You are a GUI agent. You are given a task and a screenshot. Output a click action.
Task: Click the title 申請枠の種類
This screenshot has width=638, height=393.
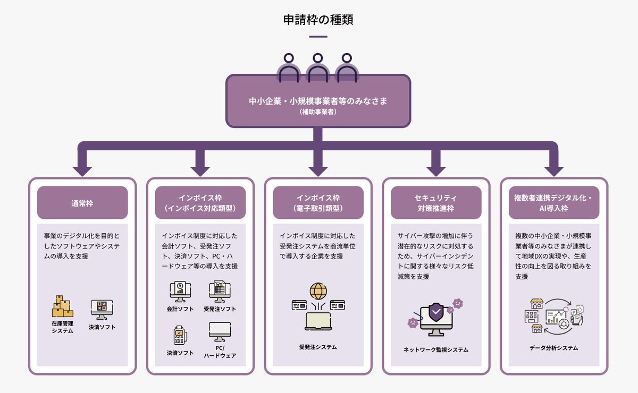(x=318, y=20)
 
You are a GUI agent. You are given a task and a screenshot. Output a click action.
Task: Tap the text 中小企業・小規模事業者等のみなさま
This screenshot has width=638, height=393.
(x=318, y=101)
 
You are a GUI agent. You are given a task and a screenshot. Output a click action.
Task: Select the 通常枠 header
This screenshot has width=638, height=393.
(x=82, y=203)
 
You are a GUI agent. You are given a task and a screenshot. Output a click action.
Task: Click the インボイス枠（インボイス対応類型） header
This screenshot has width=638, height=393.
(x=200, y=203)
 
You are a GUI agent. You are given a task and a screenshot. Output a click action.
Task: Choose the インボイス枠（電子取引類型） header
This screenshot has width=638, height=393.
(x=318, y=203)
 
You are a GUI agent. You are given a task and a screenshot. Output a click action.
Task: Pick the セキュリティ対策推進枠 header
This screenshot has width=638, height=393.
(x=436, y=203)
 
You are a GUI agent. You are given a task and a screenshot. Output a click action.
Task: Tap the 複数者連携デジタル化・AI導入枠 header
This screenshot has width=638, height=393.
(x=554, y=203)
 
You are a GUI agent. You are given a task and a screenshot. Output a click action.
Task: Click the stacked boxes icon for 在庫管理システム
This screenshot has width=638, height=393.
(x=62, y=306)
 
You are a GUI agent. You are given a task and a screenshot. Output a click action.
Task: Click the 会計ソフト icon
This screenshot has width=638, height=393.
(x=180, y=291)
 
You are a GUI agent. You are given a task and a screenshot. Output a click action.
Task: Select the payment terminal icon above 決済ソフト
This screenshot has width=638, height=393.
(x=180, y=335)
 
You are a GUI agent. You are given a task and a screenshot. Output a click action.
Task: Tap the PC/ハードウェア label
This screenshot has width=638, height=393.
(x=220, y=352)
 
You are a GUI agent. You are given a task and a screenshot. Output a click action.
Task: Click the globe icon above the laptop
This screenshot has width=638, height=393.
(x=318, y=291)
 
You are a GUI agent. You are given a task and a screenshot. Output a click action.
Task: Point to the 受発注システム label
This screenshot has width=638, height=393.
(x=318, y=347)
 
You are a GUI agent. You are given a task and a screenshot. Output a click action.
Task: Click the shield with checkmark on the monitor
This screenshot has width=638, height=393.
(x=436, y=312)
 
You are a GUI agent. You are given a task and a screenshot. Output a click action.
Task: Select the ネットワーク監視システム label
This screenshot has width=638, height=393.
(x=436, y=350)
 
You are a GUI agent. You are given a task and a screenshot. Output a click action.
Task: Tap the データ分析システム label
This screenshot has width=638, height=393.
(x=554, y=348)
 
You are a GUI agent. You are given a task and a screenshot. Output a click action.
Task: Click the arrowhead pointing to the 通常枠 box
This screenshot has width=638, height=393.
(x=82, y=170)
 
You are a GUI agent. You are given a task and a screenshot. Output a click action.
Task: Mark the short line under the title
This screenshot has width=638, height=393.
(x=318, y=37)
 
